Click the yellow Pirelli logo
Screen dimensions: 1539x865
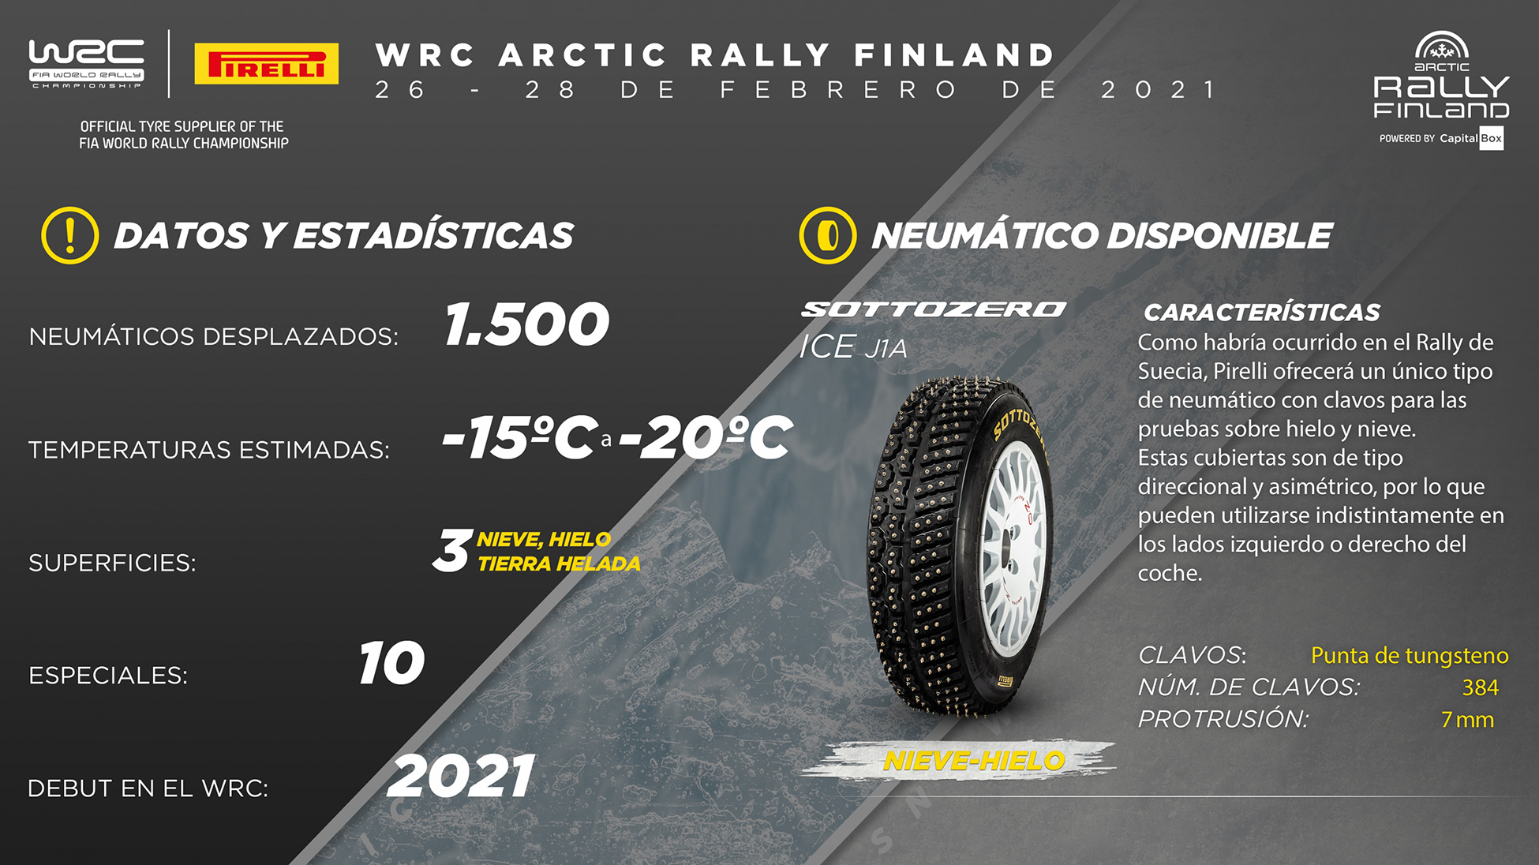267,63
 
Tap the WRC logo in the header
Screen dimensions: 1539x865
87,63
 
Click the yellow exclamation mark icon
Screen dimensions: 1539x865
70,235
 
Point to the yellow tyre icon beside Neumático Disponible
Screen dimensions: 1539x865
828,235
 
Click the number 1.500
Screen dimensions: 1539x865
527,324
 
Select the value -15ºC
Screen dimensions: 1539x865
519,437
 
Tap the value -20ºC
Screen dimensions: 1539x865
705,437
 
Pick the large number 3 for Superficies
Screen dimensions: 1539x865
452,550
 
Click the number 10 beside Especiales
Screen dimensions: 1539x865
392,663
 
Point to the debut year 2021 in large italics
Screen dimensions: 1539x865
462,777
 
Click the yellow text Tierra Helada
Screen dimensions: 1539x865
559,564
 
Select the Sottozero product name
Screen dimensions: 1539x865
934,309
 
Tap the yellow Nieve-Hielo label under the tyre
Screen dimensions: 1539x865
974,761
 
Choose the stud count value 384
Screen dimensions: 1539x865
1481,687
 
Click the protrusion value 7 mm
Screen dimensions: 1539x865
1467,720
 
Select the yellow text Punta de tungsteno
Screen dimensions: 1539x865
1410,655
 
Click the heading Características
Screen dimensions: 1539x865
1262,313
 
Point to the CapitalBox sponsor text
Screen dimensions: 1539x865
1471,138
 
